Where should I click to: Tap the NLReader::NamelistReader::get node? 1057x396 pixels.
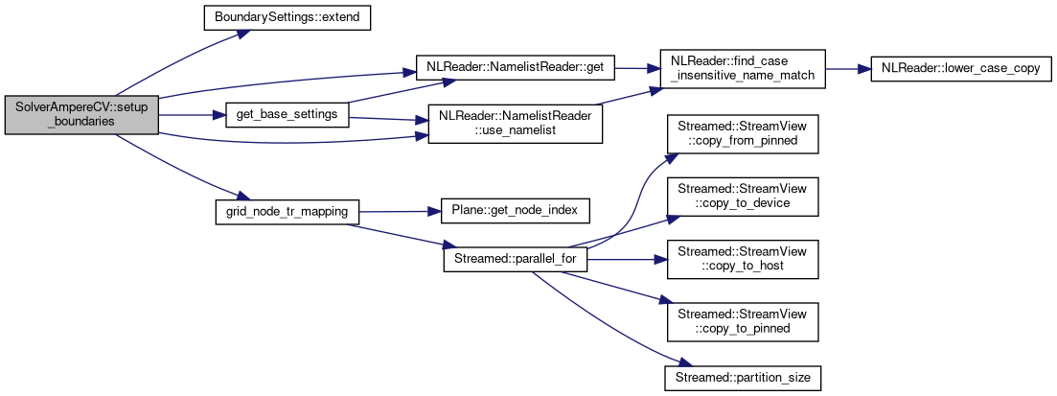tap(514, 70)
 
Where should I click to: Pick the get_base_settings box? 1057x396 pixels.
tap(286, 115)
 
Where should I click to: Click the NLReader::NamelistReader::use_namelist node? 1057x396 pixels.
tap(514, 123)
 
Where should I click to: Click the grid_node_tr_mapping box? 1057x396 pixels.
tap(286, 210)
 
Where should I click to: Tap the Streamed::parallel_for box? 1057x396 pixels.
tap(514, 259)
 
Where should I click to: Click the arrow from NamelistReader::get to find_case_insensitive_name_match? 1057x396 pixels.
tap(632, 70)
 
